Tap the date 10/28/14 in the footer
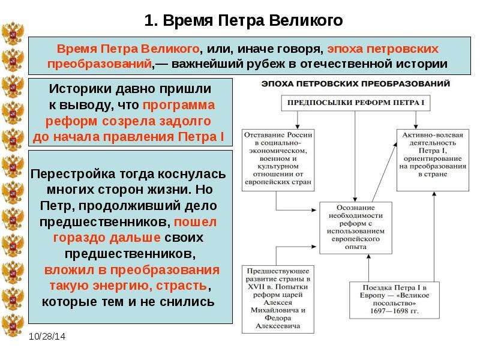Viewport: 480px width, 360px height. tap(47, 337)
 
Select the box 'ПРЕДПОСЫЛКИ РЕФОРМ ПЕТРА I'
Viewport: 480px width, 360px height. tap(356, 103)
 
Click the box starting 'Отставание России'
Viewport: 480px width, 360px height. tap(278, 160)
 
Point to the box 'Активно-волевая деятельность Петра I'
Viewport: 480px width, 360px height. tap(433, 160)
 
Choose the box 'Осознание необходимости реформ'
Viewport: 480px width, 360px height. tap(356, 228)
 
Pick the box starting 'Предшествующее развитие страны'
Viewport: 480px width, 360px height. tap(278, 299)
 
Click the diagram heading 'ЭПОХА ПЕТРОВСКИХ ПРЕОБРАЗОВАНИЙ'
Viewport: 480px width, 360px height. tap(356, 83)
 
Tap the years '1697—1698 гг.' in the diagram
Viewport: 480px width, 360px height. tap(394, 311)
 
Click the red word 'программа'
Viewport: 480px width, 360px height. tap(179, 105)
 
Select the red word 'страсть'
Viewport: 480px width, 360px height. tap(182, 286)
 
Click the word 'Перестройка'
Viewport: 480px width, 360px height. tap(73, 174)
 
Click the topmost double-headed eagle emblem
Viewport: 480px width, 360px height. tap(13, 34)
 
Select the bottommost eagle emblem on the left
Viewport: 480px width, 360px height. tap(13, 325)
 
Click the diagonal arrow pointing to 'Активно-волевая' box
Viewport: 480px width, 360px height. tap(385, 172)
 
